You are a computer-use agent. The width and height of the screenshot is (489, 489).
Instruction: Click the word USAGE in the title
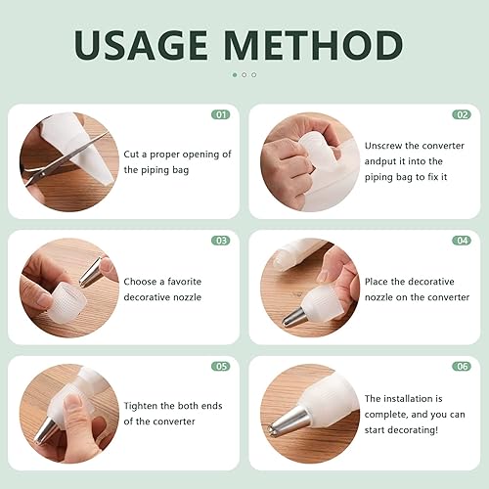click(x=141, y=45)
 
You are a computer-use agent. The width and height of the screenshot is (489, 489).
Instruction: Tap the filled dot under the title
click(x=235, y=75)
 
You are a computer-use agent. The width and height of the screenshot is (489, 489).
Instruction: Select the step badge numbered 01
click(x=221, y=114)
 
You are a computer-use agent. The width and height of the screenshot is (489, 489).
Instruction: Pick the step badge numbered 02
click(x=462, y=114)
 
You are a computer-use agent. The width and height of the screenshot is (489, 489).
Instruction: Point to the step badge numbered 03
click(x=221, y=241)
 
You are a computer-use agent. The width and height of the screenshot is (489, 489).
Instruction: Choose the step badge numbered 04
click(x=462, y=241)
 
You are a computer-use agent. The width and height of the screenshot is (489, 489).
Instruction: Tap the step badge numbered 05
click(x=221, y=367)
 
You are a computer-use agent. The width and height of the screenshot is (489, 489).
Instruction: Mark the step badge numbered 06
click(x=462, y=367)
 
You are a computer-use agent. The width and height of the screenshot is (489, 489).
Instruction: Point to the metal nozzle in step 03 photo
click(x=91, y=272)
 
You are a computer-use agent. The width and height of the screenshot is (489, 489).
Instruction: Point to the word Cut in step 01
click(x=131, y=155)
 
